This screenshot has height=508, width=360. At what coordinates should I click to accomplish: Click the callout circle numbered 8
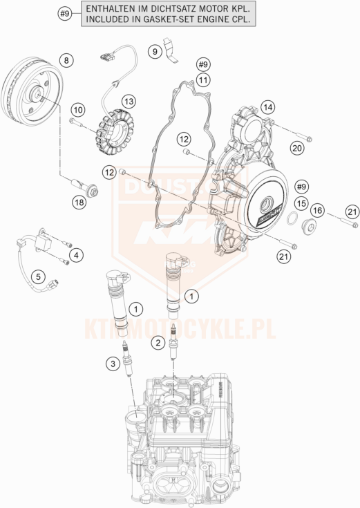[66, 61]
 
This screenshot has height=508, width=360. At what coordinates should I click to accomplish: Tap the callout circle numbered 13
[129, 102]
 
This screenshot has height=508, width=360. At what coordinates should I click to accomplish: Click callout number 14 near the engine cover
[268, 106]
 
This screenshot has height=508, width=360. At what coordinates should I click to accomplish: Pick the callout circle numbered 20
[296, 147]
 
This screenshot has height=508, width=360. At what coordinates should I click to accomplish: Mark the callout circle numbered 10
[77, 109]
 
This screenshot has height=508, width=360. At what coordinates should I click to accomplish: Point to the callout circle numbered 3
[111, 363]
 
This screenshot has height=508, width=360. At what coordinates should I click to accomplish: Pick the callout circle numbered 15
[301, 203]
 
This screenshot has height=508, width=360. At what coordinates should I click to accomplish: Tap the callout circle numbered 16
[317, 210]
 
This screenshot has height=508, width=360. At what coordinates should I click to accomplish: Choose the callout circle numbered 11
[202, 80]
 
